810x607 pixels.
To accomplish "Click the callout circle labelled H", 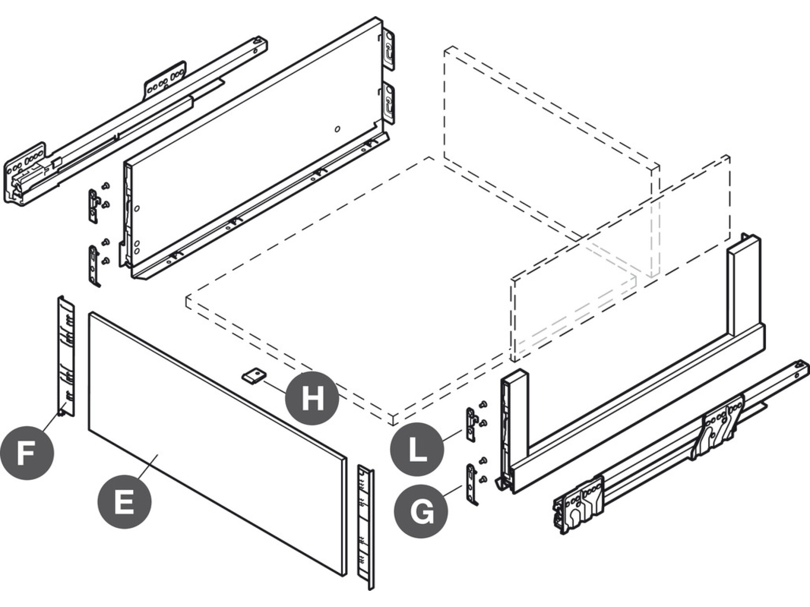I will click(x=312, y=398).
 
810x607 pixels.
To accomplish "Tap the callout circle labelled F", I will click(x=27, y=452).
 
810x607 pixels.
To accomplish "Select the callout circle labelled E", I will click(x=125, y=501).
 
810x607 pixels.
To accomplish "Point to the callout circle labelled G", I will click(x=421, y=510).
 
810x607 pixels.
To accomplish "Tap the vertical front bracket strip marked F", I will click(x=66, y=355).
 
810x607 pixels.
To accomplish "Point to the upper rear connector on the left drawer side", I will click(x=389, y=49).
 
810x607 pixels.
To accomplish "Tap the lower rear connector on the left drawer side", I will click(x=389, y=103).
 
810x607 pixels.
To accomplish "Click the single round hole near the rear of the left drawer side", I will click(x=337, y=129).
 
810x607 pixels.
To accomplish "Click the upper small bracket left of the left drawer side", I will click(x=93, y=205).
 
